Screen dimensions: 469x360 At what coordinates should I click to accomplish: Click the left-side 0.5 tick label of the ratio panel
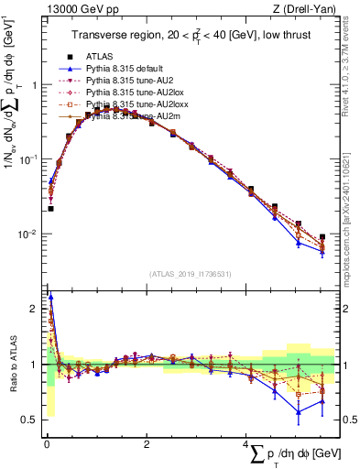coord(29,420)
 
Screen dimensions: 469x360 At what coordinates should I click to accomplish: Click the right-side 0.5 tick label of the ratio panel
coord(349,420)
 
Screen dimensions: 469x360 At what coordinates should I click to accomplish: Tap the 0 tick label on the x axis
coord(47,443)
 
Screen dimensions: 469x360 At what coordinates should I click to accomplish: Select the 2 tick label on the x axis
coord(147,443)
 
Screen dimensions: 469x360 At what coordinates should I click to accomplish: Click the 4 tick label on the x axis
coord(246,443)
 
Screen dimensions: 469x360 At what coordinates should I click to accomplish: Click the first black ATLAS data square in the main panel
coord(50,209)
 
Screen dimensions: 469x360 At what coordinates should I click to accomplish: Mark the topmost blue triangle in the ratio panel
coord(50,296)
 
